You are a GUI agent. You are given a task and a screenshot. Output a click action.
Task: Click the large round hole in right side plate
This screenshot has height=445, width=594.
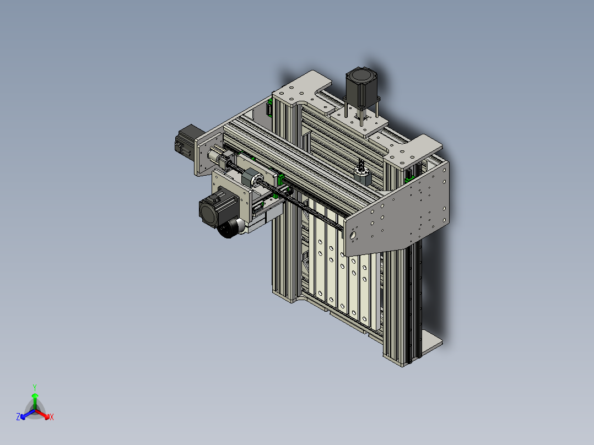pos(353,235)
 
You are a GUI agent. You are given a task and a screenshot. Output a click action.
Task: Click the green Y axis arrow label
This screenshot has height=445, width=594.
pos(34,387)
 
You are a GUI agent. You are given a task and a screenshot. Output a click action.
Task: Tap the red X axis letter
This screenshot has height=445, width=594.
pos(51,417)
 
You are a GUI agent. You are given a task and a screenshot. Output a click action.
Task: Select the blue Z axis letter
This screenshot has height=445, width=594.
pos(18,417)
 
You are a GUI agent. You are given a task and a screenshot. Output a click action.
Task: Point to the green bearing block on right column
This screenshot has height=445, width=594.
pos(409,177)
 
